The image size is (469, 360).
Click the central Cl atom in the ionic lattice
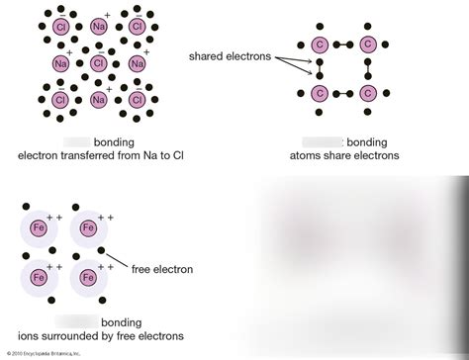click(98, 63)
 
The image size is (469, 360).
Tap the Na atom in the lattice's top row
click(98, 26)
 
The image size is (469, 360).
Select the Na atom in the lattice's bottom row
click(98, 100)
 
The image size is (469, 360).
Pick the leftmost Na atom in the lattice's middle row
click(59, 63)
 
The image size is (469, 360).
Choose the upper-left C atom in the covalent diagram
click(320, 45)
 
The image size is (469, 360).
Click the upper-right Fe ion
click(87, 227)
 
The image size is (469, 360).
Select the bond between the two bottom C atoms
click(343, 93)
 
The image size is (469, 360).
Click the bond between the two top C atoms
click(343, 45)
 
